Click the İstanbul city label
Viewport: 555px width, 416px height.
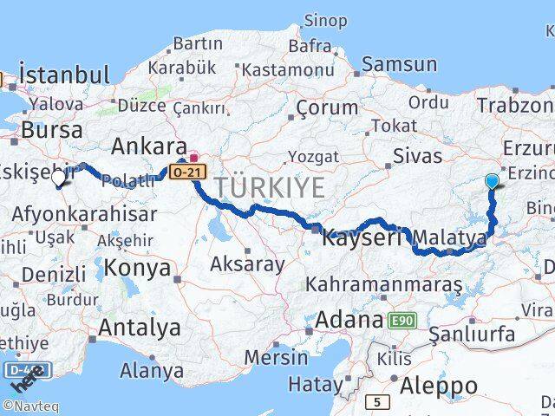(64, 75)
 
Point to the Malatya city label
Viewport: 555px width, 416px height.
(448, 237)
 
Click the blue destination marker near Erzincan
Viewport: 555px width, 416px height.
(493, 181)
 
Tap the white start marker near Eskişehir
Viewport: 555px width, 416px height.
(59, 178)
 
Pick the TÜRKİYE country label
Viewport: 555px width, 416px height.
(270, 186)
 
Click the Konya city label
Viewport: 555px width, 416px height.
(140, 268)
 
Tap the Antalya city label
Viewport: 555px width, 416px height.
(139, 328)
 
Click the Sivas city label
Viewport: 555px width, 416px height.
(417, 157)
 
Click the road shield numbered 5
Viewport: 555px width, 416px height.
(377, 401)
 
